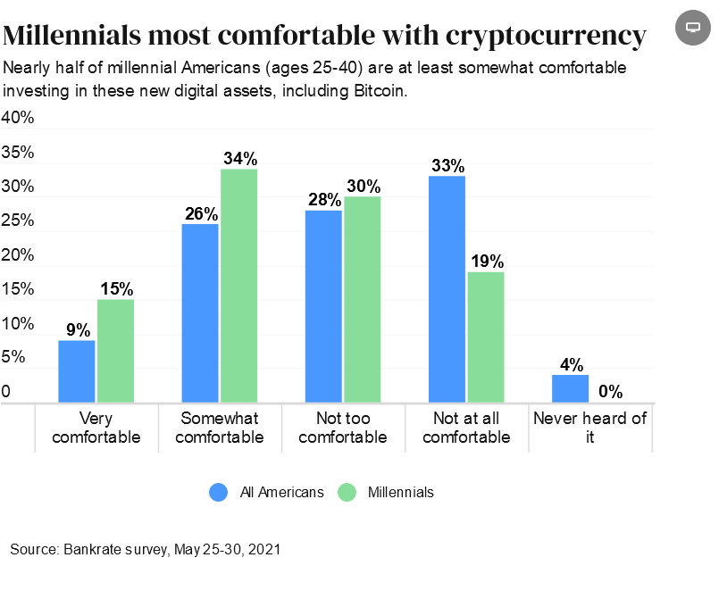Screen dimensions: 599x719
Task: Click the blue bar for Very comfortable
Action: coord(77,371)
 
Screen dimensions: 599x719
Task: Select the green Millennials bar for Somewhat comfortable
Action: coord(239,286)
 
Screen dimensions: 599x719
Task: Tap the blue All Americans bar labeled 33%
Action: coord(447,289)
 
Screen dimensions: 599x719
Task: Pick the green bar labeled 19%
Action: coord(486,337)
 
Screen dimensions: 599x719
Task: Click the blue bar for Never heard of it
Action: coord(570,388)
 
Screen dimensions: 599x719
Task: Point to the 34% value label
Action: coord(239,159)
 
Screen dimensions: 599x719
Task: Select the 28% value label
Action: coord(324,200)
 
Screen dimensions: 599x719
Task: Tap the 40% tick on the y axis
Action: coord(18,118)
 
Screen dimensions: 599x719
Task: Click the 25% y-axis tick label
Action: coord(18,220)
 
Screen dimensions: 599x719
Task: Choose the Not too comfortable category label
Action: coord(344,428)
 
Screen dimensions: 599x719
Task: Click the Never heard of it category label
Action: coord(589,428)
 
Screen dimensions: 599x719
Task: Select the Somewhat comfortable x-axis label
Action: coord(220,428)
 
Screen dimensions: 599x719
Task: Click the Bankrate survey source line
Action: coord(146,549)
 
